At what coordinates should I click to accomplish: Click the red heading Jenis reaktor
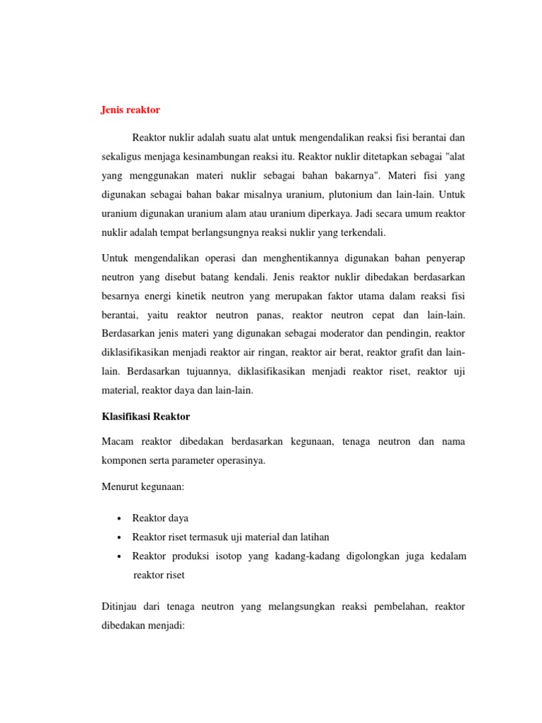click(x=131, y=110)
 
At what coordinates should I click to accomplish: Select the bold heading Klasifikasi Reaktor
click(x=147, y=417)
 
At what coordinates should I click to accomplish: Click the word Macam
click(x=118, y=441)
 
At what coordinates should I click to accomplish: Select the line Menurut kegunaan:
click(x=143, y=486)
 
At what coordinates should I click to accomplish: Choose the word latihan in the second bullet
click(x=313, y=537)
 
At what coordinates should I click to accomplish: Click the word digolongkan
click(x=374, y=556)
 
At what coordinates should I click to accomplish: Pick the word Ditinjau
click(x=121, y=606)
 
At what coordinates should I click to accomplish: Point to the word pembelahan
click(x=397, y=606)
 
